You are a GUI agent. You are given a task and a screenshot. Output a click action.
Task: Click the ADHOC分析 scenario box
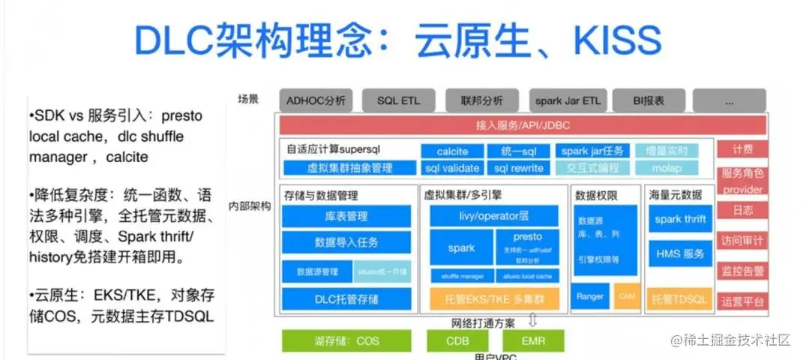coord(316,100)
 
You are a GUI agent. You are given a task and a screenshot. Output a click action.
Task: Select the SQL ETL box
coord(399,100)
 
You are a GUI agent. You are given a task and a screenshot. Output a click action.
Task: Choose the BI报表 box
coord(649,100)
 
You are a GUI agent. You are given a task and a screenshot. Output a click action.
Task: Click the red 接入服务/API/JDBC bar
coord(523,125)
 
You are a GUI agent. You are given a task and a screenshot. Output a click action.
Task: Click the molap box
coord(668,168)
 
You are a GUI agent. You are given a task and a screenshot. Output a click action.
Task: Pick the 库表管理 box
coord(346,217)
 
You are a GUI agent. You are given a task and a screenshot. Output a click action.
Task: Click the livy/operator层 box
coord(493,216)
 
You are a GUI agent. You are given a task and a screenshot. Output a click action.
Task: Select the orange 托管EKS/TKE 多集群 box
coord(493,299)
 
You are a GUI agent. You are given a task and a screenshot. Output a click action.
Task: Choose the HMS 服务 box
coord(679,254)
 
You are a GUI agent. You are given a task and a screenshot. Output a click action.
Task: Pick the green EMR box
coord(533,340)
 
